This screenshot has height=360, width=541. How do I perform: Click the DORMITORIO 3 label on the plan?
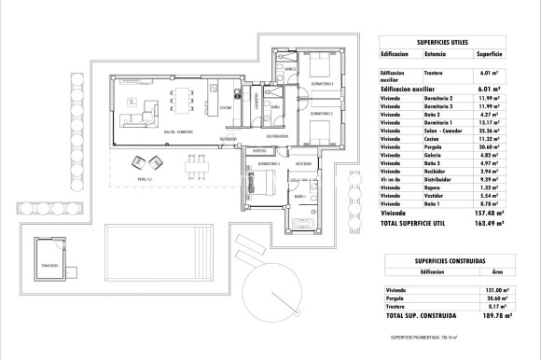pos(322,125)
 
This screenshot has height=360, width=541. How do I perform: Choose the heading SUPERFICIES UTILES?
pos(441,43)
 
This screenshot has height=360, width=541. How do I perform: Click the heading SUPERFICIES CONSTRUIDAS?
pos(440,260)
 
